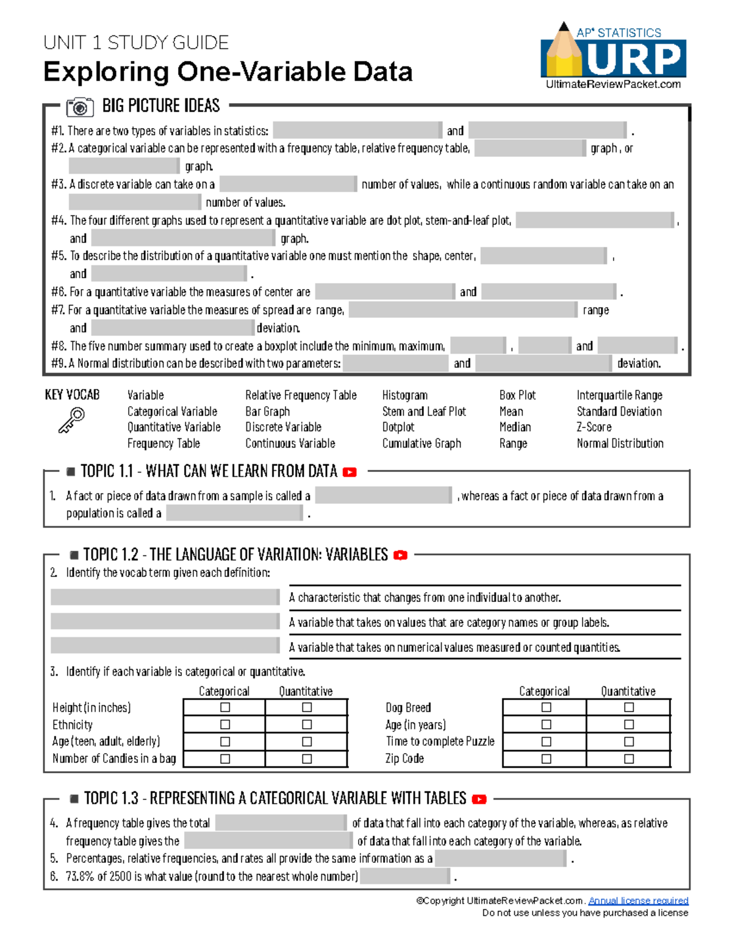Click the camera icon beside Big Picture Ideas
[x=80, y=107]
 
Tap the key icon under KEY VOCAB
[x=71, y=420]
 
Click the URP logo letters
[x=635, y=59]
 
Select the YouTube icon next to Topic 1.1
[x=350, y=472]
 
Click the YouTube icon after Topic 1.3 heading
[x=479, y=799]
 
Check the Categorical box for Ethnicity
[x=225, y=724]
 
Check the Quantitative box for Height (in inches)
[x=307, y=707]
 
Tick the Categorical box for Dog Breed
[x=546, y=707]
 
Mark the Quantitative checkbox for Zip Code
[x=629, y=759]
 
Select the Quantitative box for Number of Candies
[x=307, y=759]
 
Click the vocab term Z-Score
[x=594, y=427]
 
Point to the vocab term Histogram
[x=404, y=395]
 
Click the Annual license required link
[x=638, y=901]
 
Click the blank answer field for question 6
[x=406, y=876]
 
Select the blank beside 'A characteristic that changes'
[x=165, y=597]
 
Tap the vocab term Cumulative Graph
[x=422, y=443]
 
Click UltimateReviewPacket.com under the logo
[x=613, y=84]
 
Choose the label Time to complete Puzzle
[x=440, y=741]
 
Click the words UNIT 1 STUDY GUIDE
[x=136, y=43]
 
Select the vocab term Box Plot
[x=517, y=395]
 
